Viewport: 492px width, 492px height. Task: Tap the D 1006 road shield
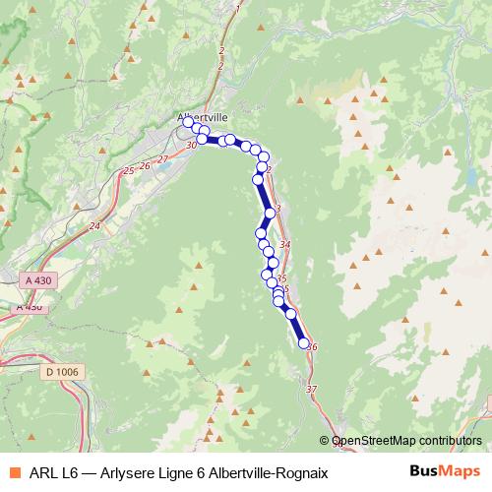pos(66,371)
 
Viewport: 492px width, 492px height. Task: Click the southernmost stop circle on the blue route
pos(304,342)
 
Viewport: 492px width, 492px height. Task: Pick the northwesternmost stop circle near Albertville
pos(189,123)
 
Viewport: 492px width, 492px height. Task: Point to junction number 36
pos(313,347)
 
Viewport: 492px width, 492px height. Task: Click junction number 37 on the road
pos(312,391)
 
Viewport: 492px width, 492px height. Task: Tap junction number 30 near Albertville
pos(191,147)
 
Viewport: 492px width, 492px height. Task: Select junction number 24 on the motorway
pos(94,226)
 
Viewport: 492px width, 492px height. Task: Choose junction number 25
pos(128,171)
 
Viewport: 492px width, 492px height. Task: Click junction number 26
pos(145,165)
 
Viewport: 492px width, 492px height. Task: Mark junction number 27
pos(162,158)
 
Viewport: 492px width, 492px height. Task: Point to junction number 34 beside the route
pos(285,244)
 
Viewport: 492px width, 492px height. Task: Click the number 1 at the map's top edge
pos(237,8)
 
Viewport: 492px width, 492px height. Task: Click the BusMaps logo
pos(446,471)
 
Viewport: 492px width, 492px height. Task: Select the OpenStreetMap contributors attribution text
pos(406,441)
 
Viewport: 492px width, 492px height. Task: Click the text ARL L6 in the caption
pos(52,472)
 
